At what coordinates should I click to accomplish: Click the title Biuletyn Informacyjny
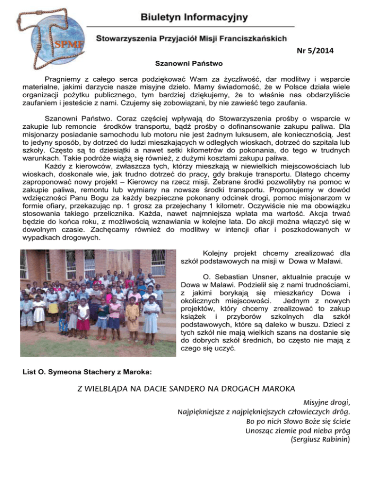click(x=194, y=18)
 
